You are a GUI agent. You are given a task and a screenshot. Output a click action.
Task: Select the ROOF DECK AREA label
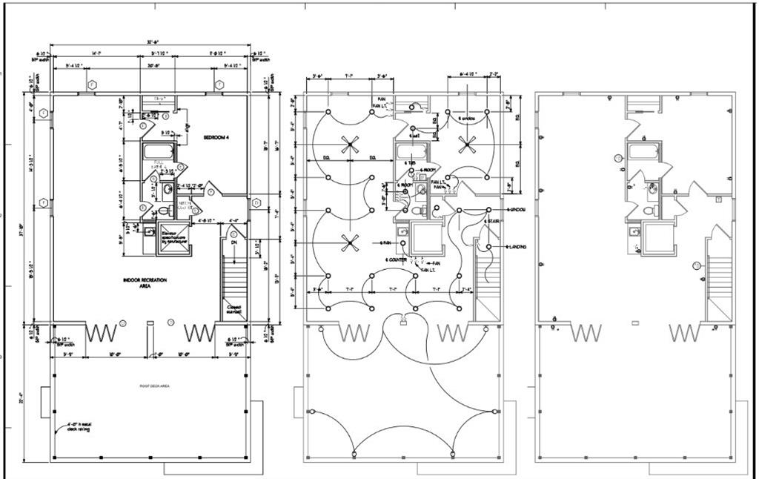155,386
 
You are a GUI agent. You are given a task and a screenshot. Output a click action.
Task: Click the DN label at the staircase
233,241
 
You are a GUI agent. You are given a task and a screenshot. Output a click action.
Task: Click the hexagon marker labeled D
256,202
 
